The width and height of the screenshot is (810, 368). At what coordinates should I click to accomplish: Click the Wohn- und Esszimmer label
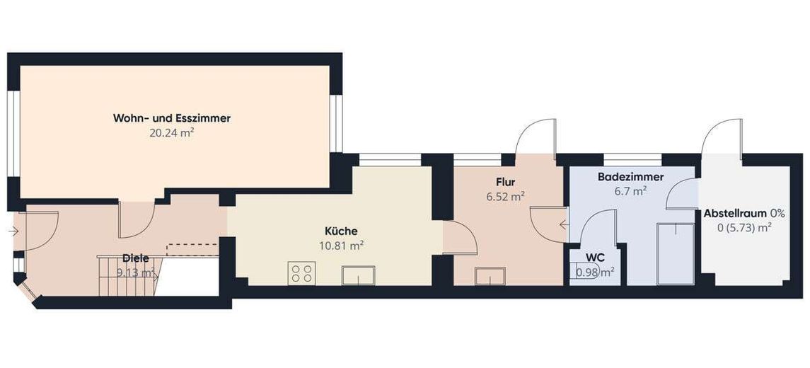pos(171,118)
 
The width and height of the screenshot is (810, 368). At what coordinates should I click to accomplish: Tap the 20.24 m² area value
pos(171,133)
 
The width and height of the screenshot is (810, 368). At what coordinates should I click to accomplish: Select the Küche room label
pos(341,231)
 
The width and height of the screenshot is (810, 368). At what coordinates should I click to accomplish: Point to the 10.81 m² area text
pos(341,246)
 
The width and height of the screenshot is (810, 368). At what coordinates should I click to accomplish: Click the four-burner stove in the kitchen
pos(301,273)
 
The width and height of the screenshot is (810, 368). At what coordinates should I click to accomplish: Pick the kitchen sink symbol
pos(358,275)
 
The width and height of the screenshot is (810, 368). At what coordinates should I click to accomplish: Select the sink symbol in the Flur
pos(490,275)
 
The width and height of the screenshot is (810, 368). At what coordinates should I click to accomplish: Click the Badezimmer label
pos(631,177)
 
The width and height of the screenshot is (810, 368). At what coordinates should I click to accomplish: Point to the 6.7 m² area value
pos(631,191)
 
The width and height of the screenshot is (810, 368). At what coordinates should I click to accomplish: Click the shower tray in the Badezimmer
pos(676,254)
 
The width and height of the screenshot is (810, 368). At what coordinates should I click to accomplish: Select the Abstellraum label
pos(736,213)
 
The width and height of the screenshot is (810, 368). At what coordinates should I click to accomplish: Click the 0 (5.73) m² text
pos(744,227)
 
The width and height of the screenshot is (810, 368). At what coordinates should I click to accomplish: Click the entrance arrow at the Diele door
pos(13,232)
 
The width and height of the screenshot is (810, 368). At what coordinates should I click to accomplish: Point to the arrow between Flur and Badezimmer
pos(564,225)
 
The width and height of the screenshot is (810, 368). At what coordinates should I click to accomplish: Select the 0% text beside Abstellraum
pos(777,213)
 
